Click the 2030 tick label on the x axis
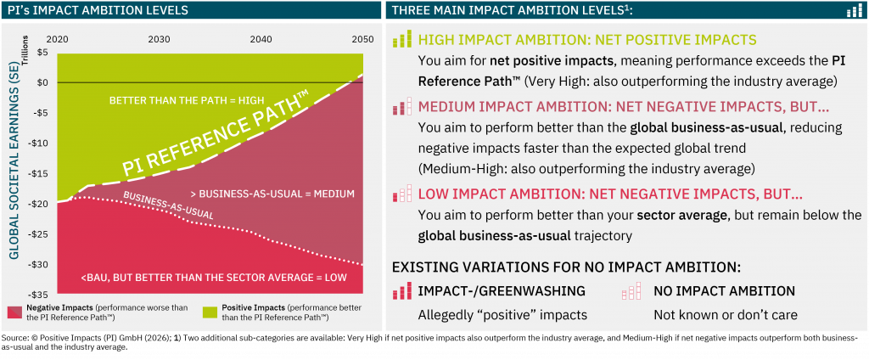click(158, 40)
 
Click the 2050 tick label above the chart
click(362, 40)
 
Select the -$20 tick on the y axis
click(37, 204)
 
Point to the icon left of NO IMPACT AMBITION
click(631, 290)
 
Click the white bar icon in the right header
click(854, 11)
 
